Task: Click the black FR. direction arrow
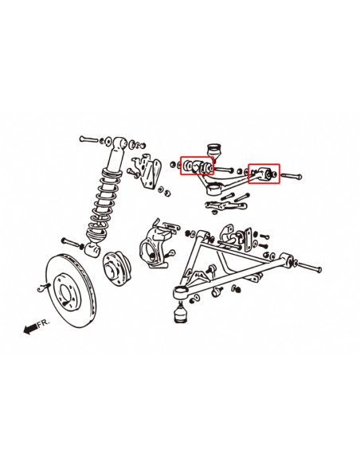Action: click(30, 329)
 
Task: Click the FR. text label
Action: click(44, 323)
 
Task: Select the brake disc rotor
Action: click(71, 291)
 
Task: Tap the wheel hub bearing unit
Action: click(116, 269)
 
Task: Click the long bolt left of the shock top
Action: click(89, 139)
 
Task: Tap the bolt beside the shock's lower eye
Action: click(72, 243)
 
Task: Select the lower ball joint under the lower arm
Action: click(180, 312)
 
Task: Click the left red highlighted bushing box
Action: click(198, 166)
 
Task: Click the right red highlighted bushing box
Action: click(264, 174)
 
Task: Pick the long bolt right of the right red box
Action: click(292, 176)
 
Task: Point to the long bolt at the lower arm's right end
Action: click(309, 267)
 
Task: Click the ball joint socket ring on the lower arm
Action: click(181, 293)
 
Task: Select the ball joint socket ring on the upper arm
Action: click(215, 189)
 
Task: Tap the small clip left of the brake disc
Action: click(44, 287)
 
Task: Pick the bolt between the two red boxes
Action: click(225, 170)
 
